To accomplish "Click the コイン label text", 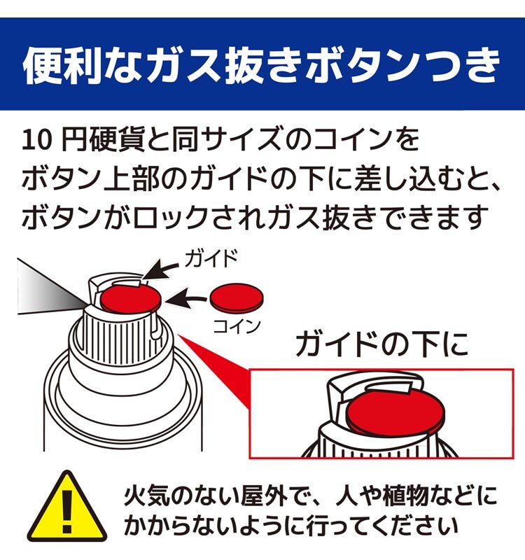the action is click(x=237, y=326).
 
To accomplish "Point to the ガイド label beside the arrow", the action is click(x=211, y=258).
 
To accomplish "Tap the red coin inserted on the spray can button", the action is click(x=130, y=300).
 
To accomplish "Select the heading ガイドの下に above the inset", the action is click(x=381, y=344).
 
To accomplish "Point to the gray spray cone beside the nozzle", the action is click(x=50, y=290).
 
